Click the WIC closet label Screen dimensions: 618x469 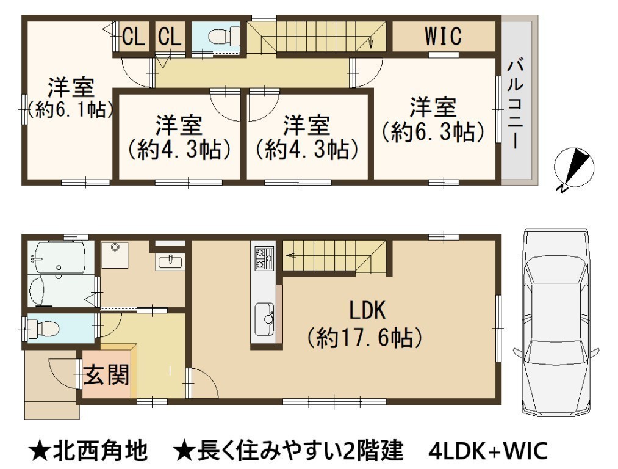[x=443, y=36]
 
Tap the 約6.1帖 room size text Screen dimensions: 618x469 [x=71, y=110]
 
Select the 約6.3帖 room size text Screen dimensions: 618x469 [x=433, y=131]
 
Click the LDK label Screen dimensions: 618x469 [x=367, y=310]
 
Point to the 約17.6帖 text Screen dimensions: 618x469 [x=365, y=338]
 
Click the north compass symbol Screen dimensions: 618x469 [x=574, y=168]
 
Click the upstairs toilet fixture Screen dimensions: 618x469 [x=223, y=37]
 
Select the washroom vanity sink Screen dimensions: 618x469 [x=170, y=261]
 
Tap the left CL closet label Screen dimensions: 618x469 [x=133, y=37]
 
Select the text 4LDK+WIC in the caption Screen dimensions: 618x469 [x=488, y=451]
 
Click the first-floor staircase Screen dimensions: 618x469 [x=334, y=256]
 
